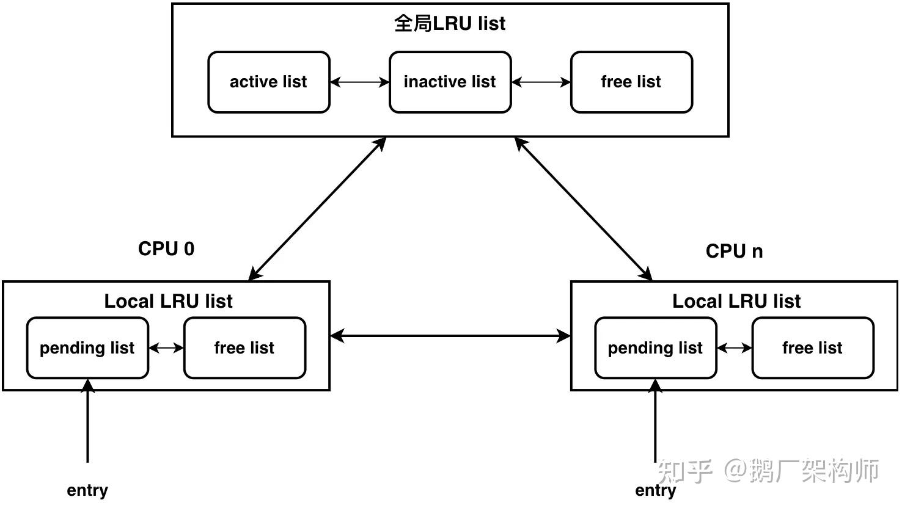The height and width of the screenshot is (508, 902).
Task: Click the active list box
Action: [268, 82]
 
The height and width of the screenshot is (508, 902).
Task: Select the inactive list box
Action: [450, 82]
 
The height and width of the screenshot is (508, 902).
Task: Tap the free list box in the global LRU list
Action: [631, 82]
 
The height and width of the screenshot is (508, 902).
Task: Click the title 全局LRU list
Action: [450, 24]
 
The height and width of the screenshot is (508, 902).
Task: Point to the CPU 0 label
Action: [166, 249]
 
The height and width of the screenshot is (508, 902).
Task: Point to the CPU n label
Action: [734, 251]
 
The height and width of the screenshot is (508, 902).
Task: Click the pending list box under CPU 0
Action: [87, 348]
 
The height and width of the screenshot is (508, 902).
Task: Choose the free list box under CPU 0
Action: [244, 348]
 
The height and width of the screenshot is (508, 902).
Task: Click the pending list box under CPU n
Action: [655, 348]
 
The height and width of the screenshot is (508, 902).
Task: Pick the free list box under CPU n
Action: [812, 348]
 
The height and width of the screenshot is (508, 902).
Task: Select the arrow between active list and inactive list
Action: [359, 82]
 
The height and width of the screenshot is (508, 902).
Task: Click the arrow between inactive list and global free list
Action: [541, 82]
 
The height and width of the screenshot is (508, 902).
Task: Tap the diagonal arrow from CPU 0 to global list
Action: [317, 209]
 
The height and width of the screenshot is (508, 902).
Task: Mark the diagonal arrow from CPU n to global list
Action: [584, 209]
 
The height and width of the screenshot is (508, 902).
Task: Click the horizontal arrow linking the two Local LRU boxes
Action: [450, 335]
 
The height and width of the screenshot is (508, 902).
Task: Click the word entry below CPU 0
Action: [87, 490]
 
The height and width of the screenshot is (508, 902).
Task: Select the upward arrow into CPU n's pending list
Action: [656, 421]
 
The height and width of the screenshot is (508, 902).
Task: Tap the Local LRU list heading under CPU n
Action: [736, 301]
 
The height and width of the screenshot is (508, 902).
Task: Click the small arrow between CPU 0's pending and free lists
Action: [166, 348]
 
